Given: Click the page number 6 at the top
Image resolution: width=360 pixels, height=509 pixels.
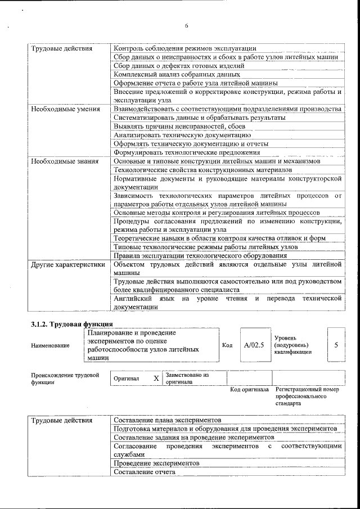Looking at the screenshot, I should point(186,25).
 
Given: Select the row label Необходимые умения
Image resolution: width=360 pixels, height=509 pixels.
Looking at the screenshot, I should point(65,109).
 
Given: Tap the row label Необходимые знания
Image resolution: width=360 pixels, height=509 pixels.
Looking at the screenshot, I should point(64,161).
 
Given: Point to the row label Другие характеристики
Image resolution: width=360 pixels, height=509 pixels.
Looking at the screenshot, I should point(68,263).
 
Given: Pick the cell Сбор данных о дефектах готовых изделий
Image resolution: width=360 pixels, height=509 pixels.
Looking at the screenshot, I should point(178,66).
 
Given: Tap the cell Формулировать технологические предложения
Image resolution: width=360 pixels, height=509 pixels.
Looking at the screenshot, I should point(187,152).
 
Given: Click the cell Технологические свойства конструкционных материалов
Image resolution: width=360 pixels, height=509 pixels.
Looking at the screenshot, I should point(202,169).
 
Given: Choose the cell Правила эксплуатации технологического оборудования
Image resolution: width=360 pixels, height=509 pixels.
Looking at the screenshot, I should point(200,255).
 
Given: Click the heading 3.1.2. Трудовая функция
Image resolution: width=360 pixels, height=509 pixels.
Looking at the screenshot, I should point(71,325).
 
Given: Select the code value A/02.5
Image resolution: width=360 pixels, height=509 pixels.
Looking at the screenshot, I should point(254,344).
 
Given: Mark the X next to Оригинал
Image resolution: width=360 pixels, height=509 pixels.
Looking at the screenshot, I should point(156,378).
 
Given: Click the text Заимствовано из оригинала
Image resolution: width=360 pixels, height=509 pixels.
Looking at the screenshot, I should point(187,377).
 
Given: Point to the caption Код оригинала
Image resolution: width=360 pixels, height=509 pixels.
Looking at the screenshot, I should point(249,389).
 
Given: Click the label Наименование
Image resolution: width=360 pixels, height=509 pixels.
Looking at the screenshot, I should point(51,345).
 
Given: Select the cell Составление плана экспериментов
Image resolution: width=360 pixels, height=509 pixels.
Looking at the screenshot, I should point(167,420).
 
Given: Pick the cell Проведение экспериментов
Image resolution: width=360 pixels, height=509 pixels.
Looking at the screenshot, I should point(156,463).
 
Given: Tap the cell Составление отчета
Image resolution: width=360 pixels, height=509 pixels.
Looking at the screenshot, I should point(144,472).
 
